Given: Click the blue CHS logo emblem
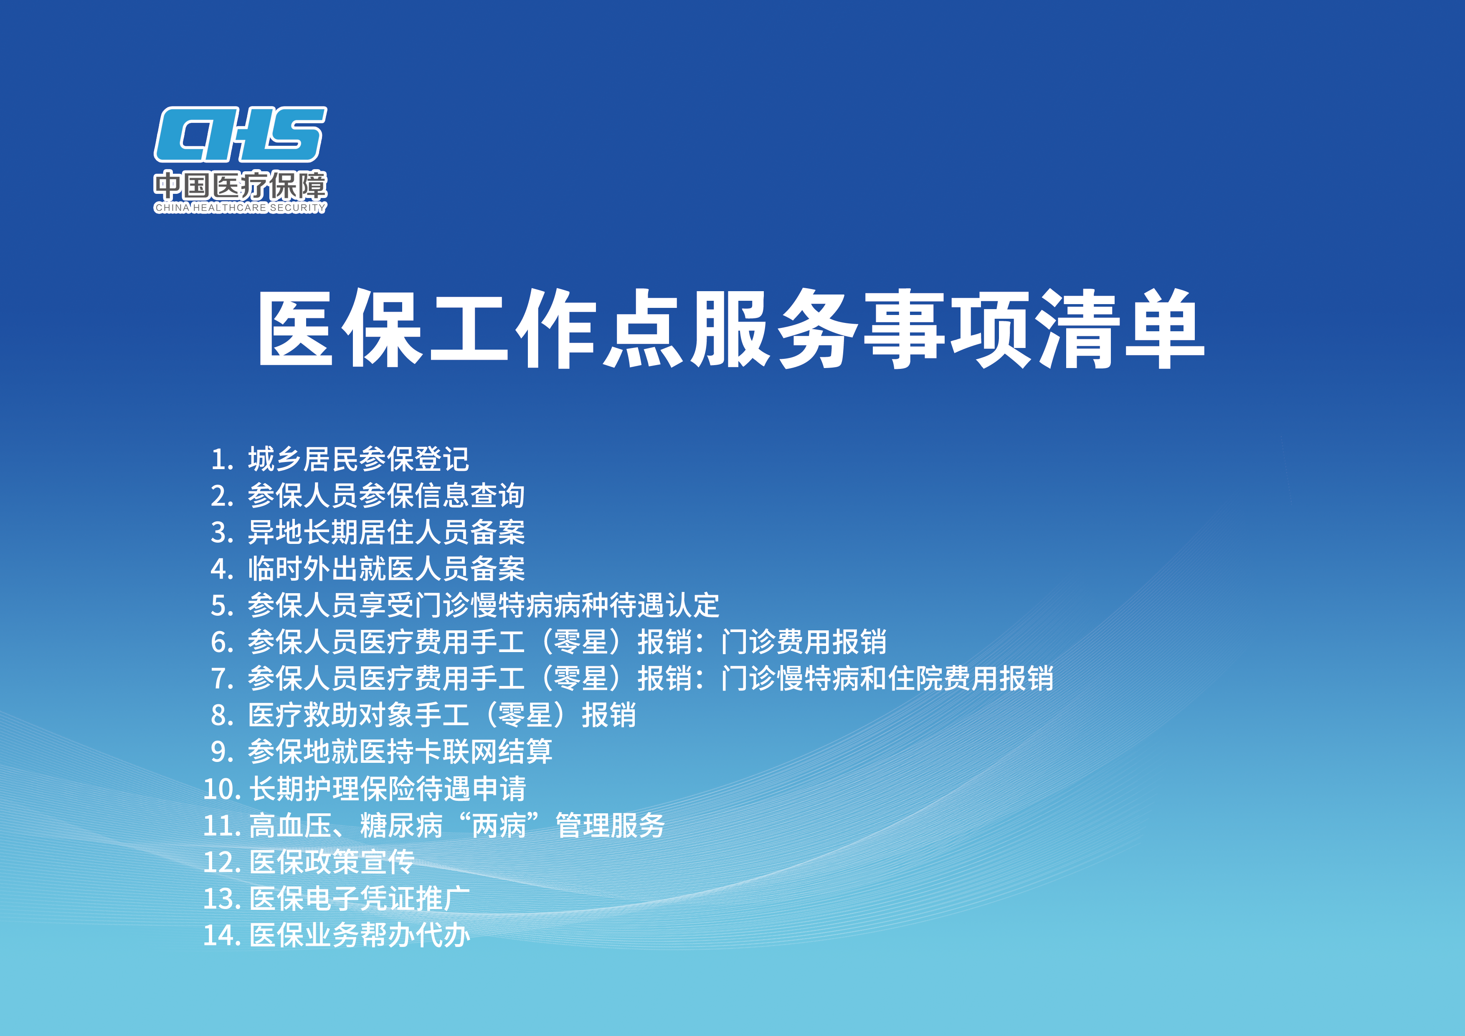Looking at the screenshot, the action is click(241, 134).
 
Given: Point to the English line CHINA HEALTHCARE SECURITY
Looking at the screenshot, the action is click(241, 208).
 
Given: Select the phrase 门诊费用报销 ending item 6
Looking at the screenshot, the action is click(804, 642).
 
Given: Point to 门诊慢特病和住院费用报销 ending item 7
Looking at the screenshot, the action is click(887, 678).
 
